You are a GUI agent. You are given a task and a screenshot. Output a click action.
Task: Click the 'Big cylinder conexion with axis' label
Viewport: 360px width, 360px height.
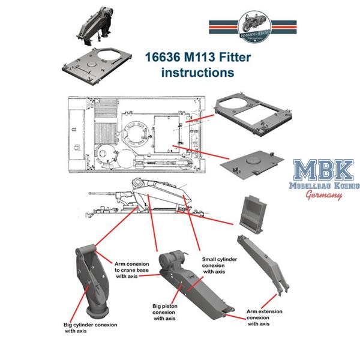tap(91, 328)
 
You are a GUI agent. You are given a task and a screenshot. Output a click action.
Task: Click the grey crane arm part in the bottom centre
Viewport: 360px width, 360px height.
tap(192, 288)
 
